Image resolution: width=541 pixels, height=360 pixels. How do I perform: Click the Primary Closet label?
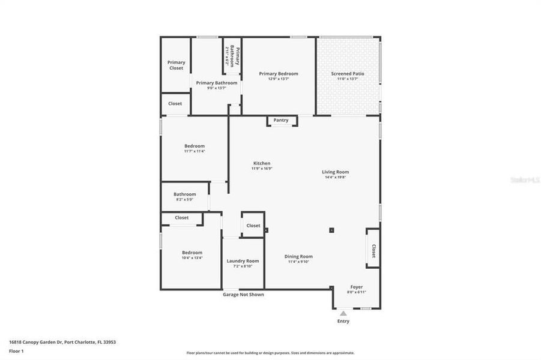coord(176,65)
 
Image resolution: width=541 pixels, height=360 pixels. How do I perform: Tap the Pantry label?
coord(281,120)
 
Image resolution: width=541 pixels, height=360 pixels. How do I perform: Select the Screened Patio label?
coord(348,74)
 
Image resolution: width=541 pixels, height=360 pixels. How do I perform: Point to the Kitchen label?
coord(262,163)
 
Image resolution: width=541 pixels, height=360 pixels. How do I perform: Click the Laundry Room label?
coord(243,260)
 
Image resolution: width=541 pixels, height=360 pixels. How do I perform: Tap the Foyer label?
coord(357,287)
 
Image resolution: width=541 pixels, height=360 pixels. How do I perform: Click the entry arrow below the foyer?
coord(343,313)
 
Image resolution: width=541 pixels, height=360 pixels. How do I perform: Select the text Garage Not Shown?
coord(243,295)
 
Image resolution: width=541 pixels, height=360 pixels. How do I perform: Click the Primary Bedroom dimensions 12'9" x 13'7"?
coord(278,79)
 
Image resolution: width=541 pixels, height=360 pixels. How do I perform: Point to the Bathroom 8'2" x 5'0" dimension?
coord(185,199)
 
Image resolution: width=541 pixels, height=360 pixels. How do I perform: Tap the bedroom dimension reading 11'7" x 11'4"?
coord(195,151)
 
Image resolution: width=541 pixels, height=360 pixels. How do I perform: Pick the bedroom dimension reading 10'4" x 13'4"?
coord(192,257)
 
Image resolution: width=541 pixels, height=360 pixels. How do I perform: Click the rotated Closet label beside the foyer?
coord(373,251)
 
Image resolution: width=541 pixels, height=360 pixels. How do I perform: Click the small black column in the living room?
coord(331,230)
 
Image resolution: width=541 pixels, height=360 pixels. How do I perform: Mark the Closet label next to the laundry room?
coord(253,226)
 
